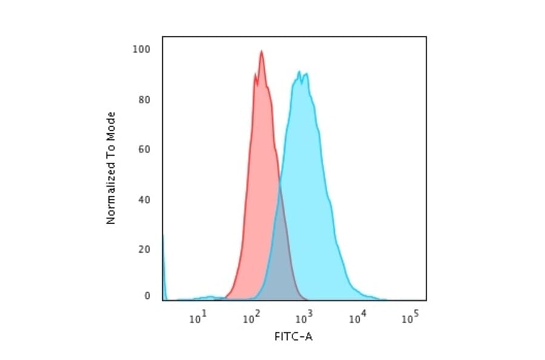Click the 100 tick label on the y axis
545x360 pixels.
point(142,49)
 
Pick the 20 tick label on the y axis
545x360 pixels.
point(145,248)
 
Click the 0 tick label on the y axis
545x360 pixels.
point(147,296)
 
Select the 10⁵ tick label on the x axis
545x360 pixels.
point(410,316)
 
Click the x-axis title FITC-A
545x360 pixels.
point(294,336)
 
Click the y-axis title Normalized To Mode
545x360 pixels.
point(111,168)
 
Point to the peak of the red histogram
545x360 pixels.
point(262,52)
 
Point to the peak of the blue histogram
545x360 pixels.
point(299,72)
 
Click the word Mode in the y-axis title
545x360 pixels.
point(111,124)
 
